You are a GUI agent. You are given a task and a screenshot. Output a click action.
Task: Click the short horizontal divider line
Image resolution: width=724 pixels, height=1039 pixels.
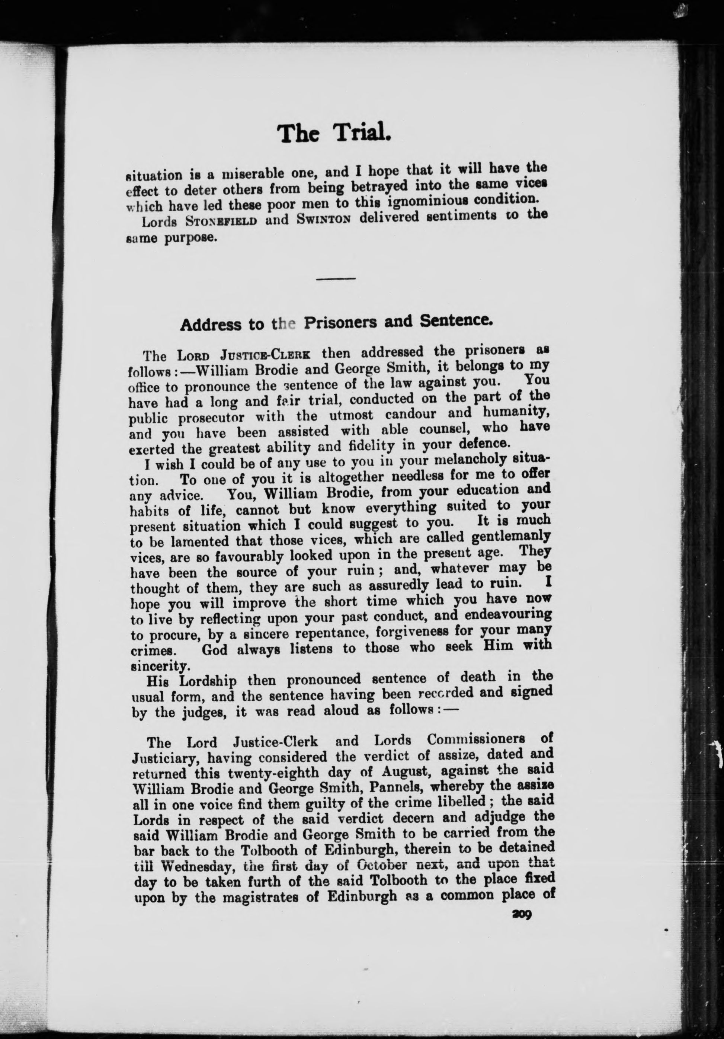[x=336, y=278]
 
